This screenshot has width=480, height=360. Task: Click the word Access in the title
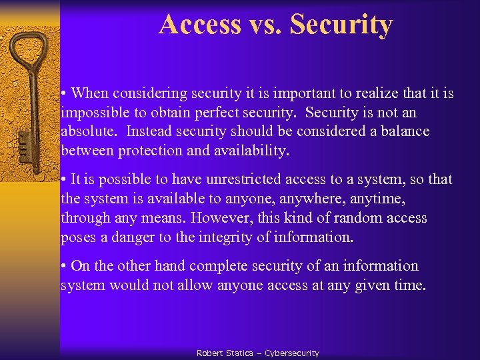tap(200, 25)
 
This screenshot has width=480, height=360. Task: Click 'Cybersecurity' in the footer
tap(292, 353)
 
